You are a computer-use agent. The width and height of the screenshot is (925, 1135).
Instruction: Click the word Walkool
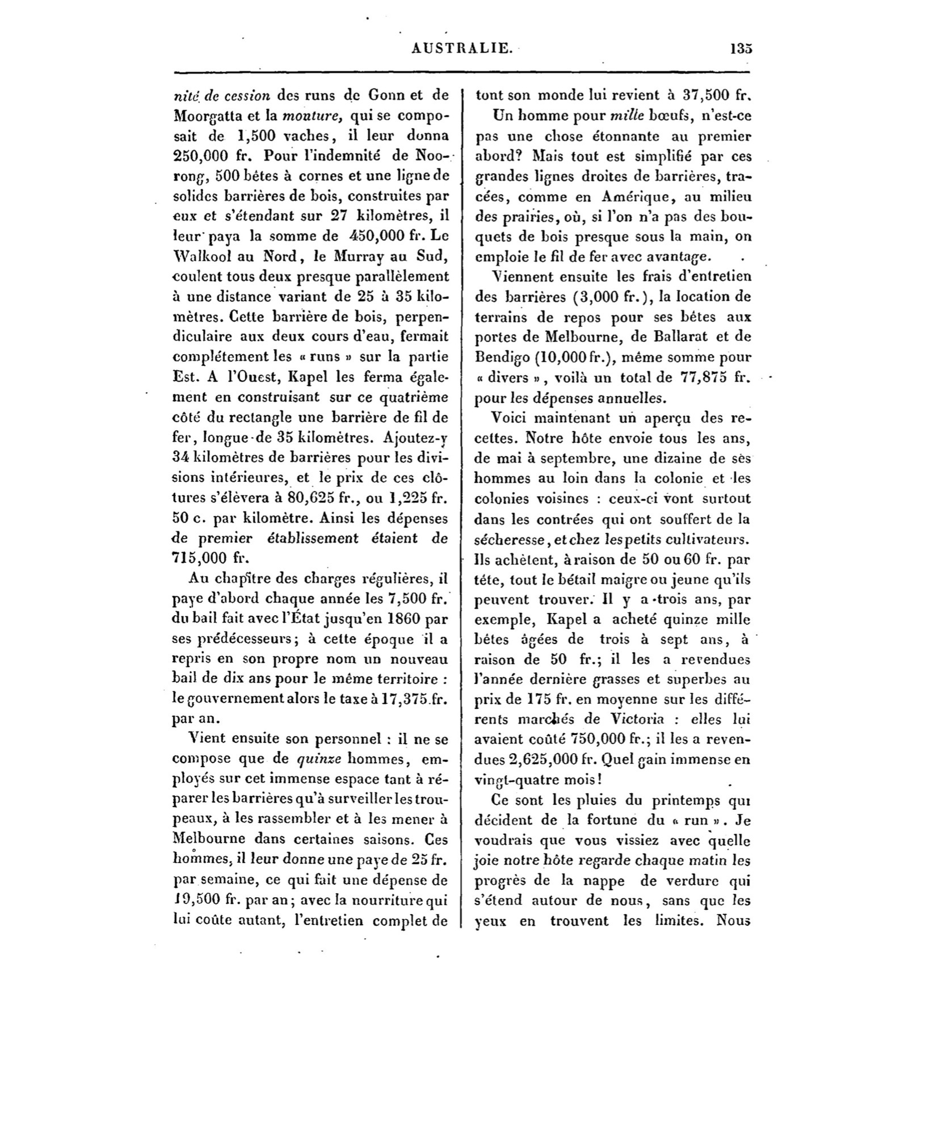coord(196,257)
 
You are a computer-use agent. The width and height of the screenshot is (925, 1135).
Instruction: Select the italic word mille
coord(624,116)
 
